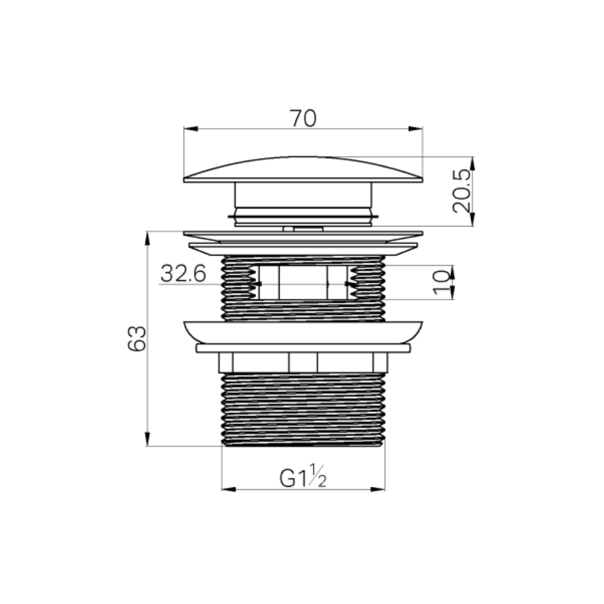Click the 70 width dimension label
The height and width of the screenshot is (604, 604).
[x=304, y=118]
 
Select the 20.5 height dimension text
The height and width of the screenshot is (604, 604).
[x=461, y=191]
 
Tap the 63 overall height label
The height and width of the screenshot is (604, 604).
[x=137, y=339]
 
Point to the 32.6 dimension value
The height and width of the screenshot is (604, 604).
[x=184, y=273]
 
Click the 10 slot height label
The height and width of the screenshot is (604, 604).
[x=442, y=282]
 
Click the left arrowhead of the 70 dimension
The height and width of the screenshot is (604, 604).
[x=191, y=129]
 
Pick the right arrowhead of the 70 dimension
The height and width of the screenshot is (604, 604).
[x=416, y=129]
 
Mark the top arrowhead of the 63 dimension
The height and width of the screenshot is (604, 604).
[x=147, y=239]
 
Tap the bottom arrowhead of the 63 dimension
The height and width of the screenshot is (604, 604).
[x=147, y=439]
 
